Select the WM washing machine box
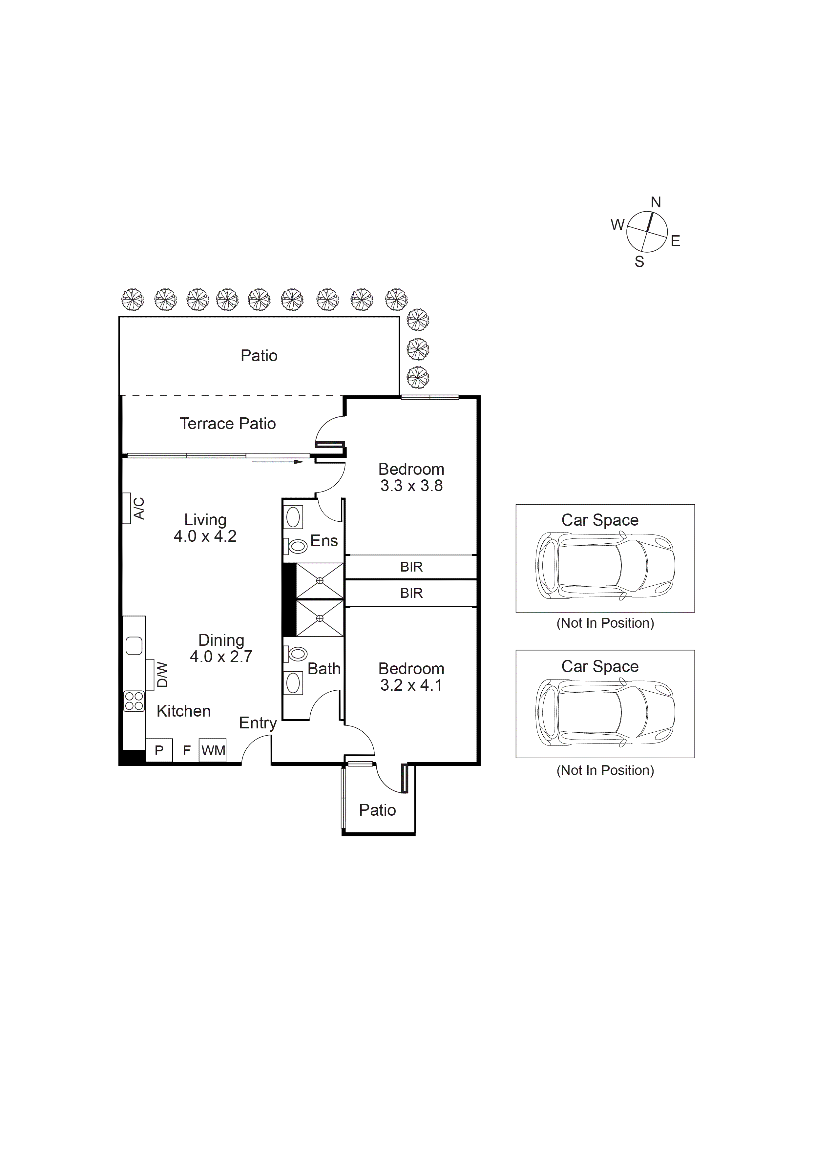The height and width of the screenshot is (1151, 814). pos(213,750)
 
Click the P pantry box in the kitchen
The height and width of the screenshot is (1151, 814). pos(159,750)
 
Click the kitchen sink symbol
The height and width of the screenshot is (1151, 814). pos(134,646)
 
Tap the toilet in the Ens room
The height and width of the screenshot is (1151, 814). pos(297,546)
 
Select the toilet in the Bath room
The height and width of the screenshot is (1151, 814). pos(297,653)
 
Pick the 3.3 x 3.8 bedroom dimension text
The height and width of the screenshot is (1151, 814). pos(411,486)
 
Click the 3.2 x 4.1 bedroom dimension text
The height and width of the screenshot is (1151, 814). pos(411,685)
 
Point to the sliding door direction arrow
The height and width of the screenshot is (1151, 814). pos(278,462)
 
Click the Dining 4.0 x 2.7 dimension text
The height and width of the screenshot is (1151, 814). pos(221,657)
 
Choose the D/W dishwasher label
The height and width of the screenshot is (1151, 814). pos(162,675)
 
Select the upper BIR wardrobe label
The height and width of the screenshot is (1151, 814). pos(411,567)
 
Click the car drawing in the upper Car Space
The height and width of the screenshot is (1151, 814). pos(605,566)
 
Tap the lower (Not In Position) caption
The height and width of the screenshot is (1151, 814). pos(605,770)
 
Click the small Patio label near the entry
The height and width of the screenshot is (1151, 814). pos(377,810)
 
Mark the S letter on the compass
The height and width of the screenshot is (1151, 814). pos(639,262)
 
